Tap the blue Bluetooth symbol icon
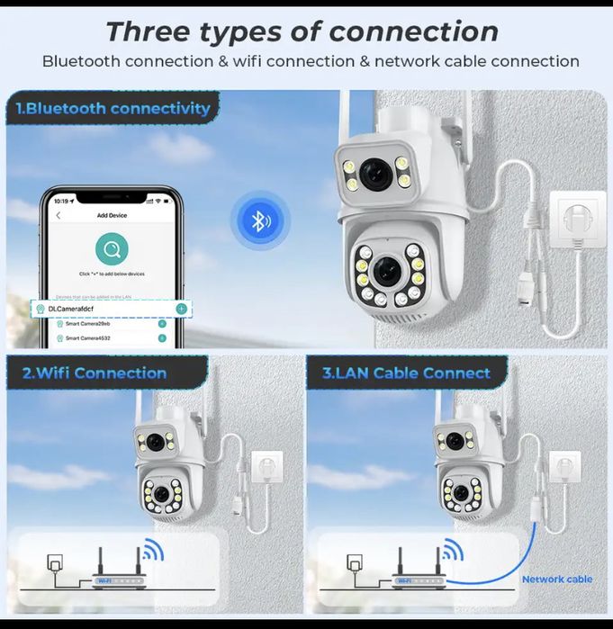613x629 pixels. [x=259, y=220]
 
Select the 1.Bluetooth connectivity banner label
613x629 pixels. [x=113, y=109]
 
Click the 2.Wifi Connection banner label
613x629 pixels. [x=94, y=373]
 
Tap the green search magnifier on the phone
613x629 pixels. [x=112, y=249]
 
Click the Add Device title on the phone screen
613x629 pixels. [x=113, y=216]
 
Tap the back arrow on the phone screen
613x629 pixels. [x=59, y=216]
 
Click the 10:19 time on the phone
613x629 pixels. [x=61, y=200]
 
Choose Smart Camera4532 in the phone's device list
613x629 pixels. [x=89, y=338]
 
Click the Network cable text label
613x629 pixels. [x=556, y=580]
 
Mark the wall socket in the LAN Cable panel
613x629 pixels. [x=565, y=465]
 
